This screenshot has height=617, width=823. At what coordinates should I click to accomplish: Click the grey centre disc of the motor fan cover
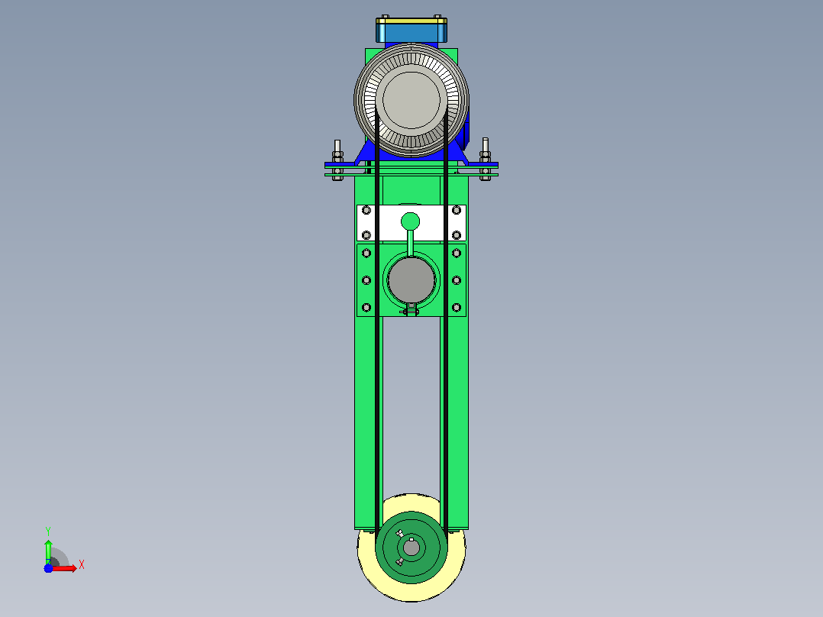tap(411, 100)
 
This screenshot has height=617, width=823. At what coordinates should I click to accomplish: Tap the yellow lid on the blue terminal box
tap(411, 21)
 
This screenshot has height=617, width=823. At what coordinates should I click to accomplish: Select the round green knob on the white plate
tap(411, 221)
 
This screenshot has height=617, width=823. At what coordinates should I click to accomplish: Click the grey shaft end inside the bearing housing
tap(411, 280)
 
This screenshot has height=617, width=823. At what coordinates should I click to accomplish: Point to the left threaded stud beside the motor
tap(337, 160)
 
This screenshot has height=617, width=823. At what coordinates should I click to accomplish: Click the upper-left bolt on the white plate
tap(366, 211)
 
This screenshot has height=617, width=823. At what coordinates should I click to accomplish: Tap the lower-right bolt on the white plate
tap(456, 235)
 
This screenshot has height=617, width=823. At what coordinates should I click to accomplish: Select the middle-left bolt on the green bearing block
tap(366, 280)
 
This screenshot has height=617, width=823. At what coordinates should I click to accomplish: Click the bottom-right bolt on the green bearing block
tap(456, 308)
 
